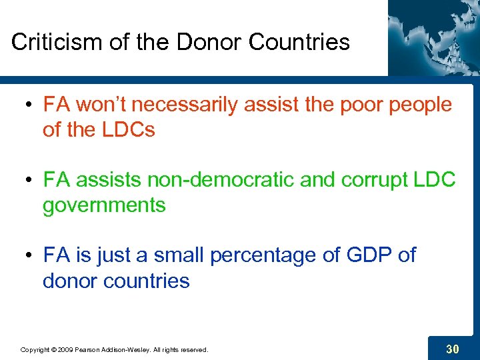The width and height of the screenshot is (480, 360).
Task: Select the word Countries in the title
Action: (299, 42)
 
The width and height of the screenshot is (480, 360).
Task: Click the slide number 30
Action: (452, 347)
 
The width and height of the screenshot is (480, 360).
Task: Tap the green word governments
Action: (104, 205)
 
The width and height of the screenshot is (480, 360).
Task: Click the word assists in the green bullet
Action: (108, 180)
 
